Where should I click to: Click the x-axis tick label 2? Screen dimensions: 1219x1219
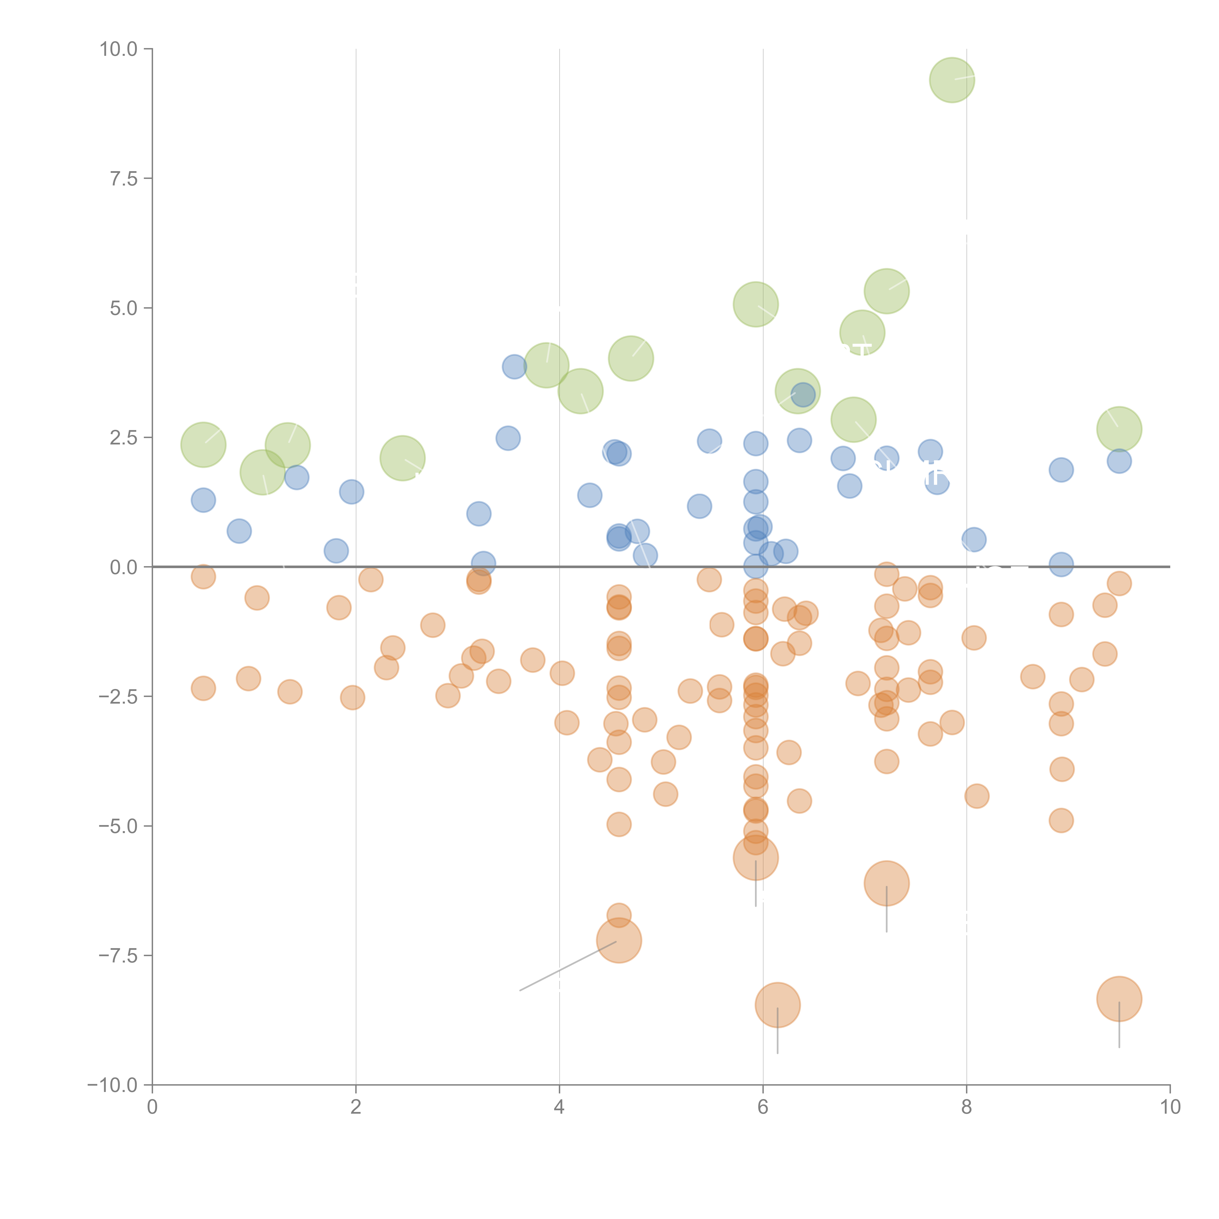point(356,1107)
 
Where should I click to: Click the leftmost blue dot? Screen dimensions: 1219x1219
point(203,500)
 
